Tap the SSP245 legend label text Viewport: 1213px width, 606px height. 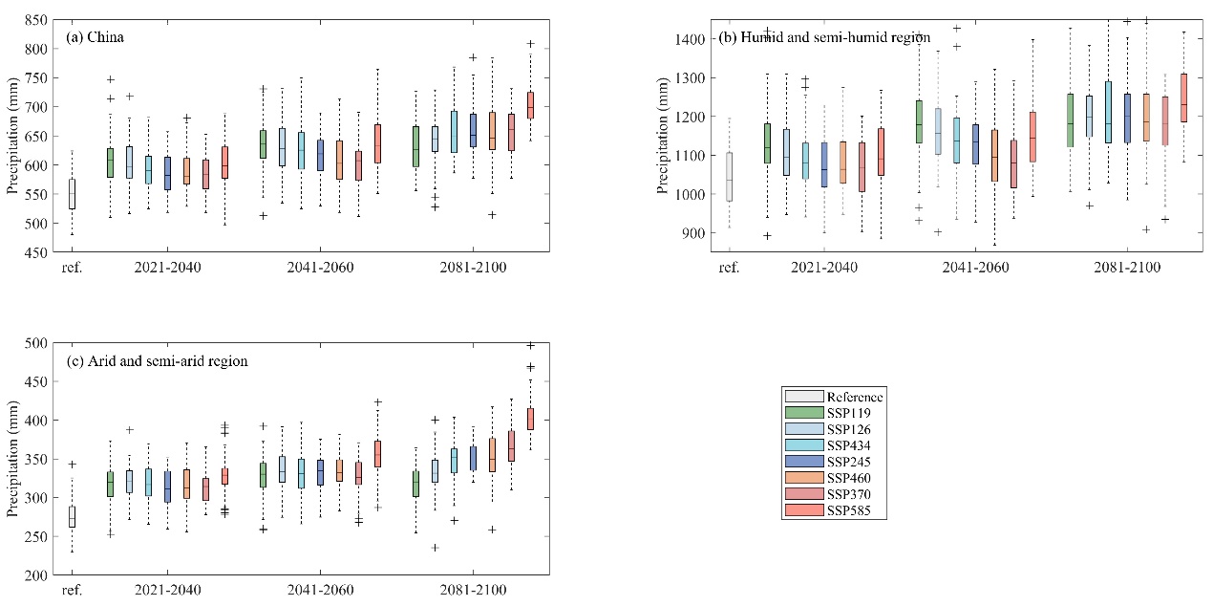(x=849, y=463)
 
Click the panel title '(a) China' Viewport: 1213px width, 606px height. (x=96, y=38)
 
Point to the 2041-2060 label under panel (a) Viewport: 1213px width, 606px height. (x=320, y=268)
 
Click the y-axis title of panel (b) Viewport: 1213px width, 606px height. (x=663, y=136)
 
